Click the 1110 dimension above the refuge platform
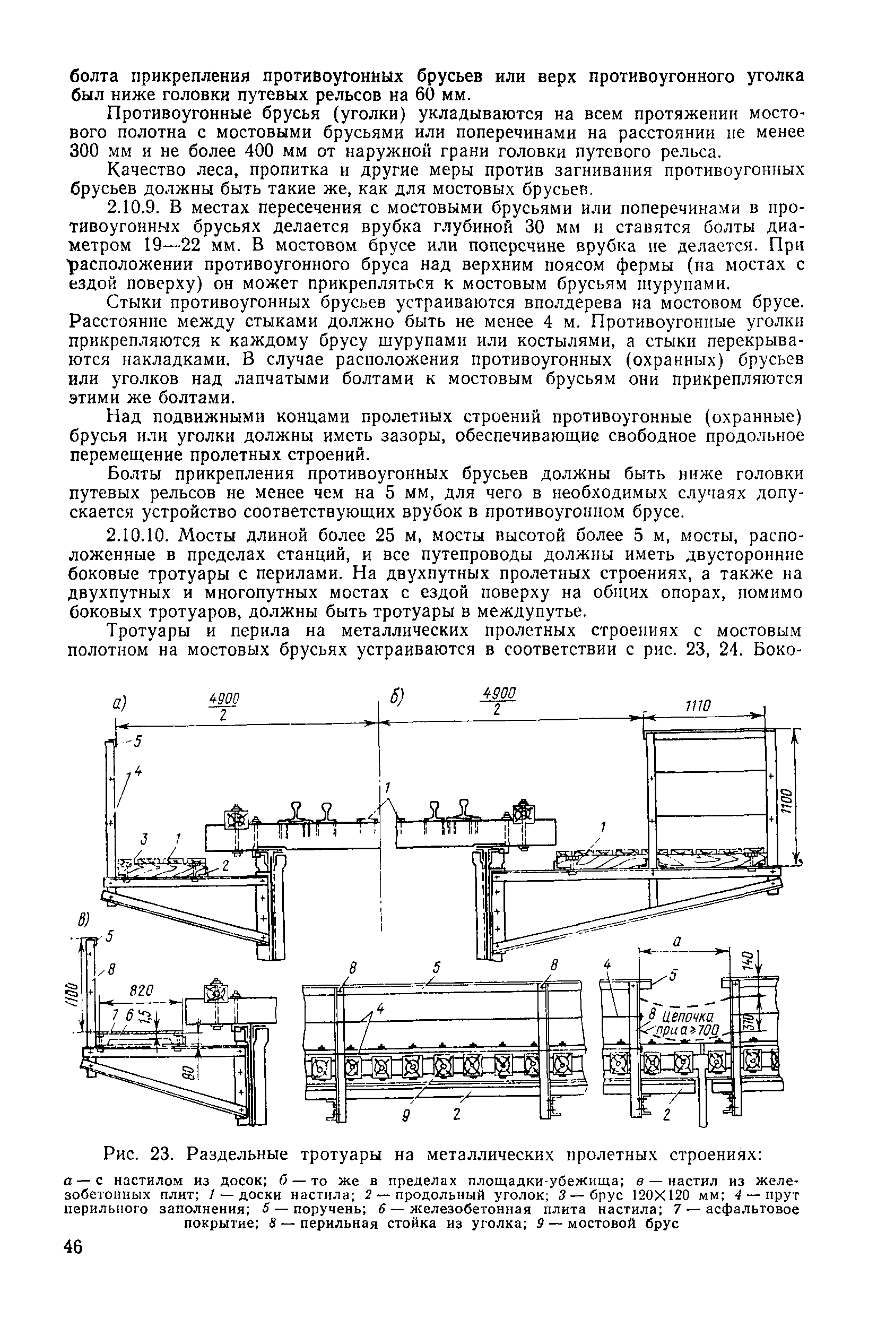(x=698, y=706)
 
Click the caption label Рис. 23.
(x=138, y=1154)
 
